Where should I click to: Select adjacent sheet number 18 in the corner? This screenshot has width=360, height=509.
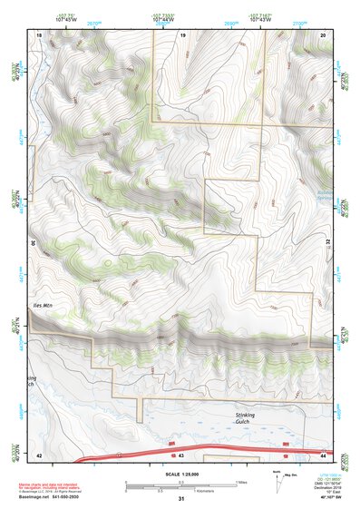tap(39, 34)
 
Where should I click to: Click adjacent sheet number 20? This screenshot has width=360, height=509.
tap(323, 34)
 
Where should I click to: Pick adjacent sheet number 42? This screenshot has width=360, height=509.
tap(39, 454)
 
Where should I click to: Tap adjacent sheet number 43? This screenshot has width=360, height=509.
tap(181, 454)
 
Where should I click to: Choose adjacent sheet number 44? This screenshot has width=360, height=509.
tap(323, 454)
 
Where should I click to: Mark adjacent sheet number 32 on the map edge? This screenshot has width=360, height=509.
tap(328, 242)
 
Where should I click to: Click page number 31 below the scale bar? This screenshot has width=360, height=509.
tap(181, 499)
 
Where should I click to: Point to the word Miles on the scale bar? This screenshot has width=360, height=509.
tap(240, 482)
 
